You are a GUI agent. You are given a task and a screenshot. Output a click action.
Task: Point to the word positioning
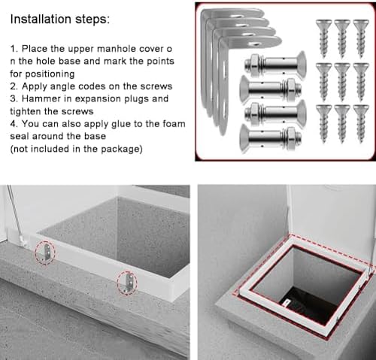coord(46,74)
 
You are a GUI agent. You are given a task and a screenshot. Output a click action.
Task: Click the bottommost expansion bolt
coord(271,138)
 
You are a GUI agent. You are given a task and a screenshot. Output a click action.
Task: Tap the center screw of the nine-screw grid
coord(341,77)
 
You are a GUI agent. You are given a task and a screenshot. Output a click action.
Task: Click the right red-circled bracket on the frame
coord(128,283)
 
